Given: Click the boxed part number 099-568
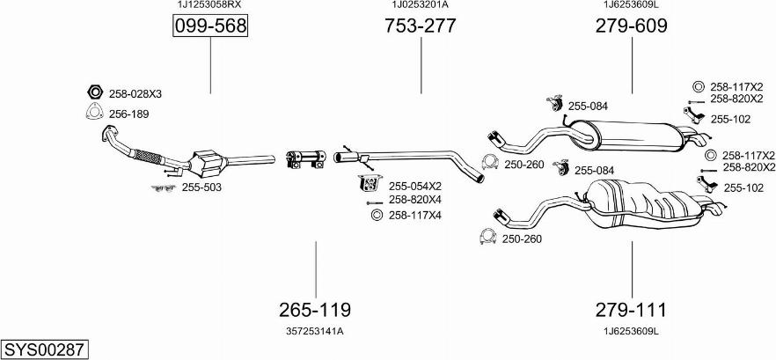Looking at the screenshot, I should (210, 27).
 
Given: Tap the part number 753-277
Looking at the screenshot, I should (420, 26).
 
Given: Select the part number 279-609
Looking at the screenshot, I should (631, 26).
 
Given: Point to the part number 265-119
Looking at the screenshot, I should (315, 310).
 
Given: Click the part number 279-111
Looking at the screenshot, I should (631, 310).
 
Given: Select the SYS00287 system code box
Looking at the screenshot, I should (44, 349).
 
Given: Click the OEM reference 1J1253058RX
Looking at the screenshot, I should (210, 5).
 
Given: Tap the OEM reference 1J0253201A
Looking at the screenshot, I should (420, 5).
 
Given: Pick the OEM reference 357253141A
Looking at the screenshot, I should (315, 331).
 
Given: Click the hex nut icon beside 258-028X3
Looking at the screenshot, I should (95, 92).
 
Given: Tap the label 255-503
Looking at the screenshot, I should (201, 187).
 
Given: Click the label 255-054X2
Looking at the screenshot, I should (415, 186).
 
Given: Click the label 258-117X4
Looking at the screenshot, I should (415, 215).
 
